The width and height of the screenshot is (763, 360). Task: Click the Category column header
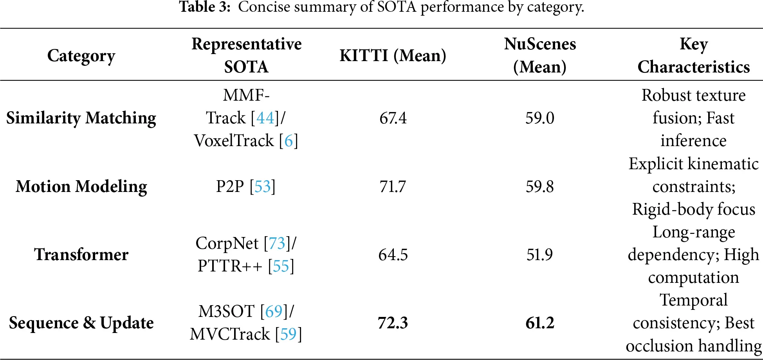(x=81, y=56)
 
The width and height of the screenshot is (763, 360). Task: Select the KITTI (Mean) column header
(x=393, y=56)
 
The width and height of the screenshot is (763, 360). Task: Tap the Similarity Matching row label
(x=81, y=118)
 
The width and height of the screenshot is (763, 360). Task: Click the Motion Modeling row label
(x=81, y=186)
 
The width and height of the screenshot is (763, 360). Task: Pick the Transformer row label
(x=81, y=255)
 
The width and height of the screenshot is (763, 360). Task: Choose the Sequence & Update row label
(x=81, y=323)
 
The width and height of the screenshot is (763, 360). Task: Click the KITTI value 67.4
(x=393, y=118)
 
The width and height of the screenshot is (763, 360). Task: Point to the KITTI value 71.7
(x=393, y=186)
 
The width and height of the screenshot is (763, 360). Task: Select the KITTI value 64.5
(x=393, y=255)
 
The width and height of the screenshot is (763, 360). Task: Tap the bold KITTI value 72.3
(x=393, y=323)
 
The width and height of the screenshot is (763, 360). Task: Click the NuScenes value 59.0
(x=540, y=118)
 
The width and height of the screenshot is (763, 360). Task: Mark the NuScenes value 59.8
(x=540, y=186)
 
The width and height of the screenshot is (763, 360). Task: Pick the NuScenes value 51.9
(x=540, y=255)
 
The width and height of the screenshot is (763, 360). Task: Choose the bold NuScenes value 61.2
(x=540, y=323)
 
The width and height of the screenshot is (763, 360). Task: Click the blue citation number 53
(x=263, y=186)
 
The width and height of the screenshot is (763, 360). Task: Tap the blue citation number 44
(x=265, y=118)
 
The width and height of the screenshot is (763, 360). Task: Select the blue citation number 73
(x=277, y=243)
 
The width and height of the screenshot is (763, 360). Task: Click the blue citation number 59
(x=289, y=334)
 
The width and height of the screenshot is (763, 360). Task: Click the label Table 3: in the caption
(x=205, y=7)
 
